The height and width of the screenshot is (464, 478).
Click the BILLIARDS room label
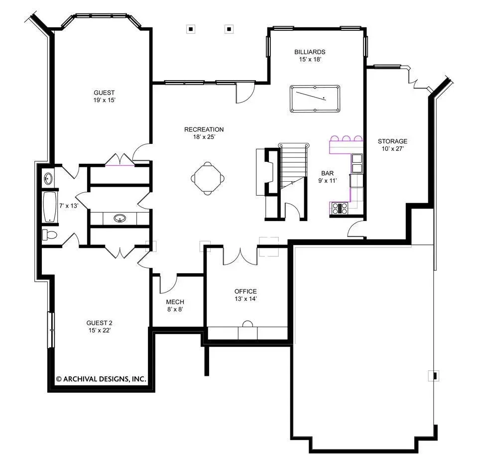310,52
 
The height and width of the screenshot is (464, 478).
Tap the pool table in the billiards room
315,99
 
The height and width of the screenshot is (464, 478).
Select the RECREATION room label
204,129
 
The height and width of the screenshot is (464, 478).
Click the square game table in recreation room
208,178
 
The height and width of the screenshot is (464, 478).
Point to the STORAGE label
393,141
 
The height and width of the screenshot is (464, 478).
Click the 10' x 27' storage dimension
393,149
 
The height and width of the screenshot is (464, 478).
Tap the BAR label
328,173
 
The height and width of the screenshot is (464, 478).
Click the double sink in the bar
357,163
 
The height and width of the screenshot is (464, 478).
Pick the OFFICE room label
245,291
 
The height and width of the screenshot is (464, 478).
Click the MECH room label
175,302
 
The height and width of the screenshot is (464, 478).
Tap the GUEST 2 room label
100,323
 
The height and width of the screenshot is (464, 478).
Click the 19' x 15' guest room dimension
104,100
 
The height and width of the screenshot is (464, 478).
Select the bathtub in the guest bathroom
50,207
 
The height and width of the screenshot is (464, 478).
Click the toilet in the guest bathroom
50,235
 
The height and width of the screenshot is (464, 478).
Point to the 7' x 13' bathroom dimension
69,206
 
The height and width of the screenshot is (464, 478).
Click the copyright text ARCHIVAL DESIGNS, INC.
101,379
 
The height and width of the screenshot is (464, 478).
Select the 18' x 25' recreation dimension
204,137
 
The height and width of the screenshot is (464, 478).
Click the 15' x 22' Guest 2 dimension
100,330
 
